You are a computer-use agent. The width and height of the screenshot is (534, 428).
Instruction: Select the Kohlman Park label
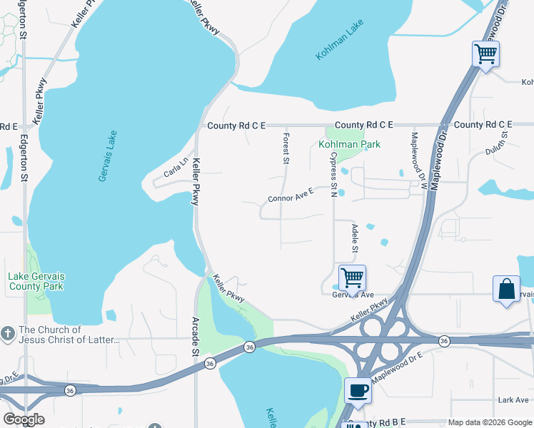click(349, 144)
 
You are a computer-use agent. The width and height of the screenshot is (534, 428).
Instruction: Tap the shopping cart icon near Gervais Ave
click(352, 277)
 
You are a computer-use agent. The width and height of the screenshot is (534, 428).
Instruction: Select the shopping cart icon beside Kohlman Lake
click(485, 53)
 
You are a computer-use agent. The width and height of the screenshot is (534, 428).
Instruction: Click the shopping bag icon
click(506, 290)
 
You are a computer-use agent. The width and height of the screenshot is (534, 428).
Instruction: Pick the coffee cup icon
click(358, 390)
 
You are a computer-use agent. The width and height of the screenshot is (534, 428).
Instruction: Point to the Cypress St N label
click(333, 173)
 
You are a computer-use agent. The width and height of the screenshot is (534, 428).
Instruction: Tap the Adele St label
click(353, 238)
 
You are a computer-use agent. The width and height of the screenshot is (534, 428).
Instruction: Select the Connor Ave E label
click(291, 195)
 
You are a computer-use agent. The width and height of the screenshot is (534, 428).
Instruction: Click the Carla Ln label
click(175, 167)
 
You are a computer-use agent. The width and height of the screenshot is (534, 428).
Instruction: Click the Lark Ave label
click(513, 400)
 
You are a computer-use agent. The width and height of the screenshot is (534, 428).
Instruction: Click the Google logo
click(24, 419)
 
